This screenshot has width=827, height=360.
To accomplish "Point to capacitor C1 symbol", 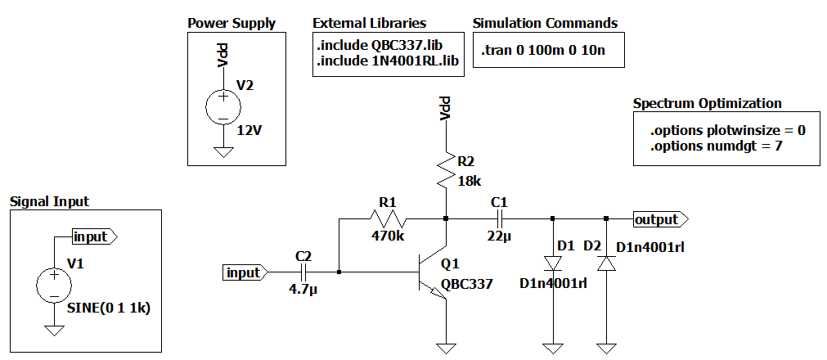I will click(498, 218).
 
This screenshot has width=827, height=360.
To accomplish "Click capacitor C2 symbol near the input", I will click(302, 272).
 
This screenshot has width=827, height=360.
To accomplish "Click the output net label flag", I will click(659, 219).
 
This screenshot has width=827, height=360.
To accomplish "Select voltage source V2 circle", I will click(220, 107).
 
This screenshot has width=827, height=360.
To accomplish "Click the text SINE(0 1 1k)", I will click(110, 308).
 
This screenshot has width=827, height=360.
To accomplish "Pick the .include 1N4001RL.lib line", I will click(388, 60).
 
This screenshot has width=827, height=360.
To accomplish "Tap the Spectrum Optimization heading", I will click(707, 104).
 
